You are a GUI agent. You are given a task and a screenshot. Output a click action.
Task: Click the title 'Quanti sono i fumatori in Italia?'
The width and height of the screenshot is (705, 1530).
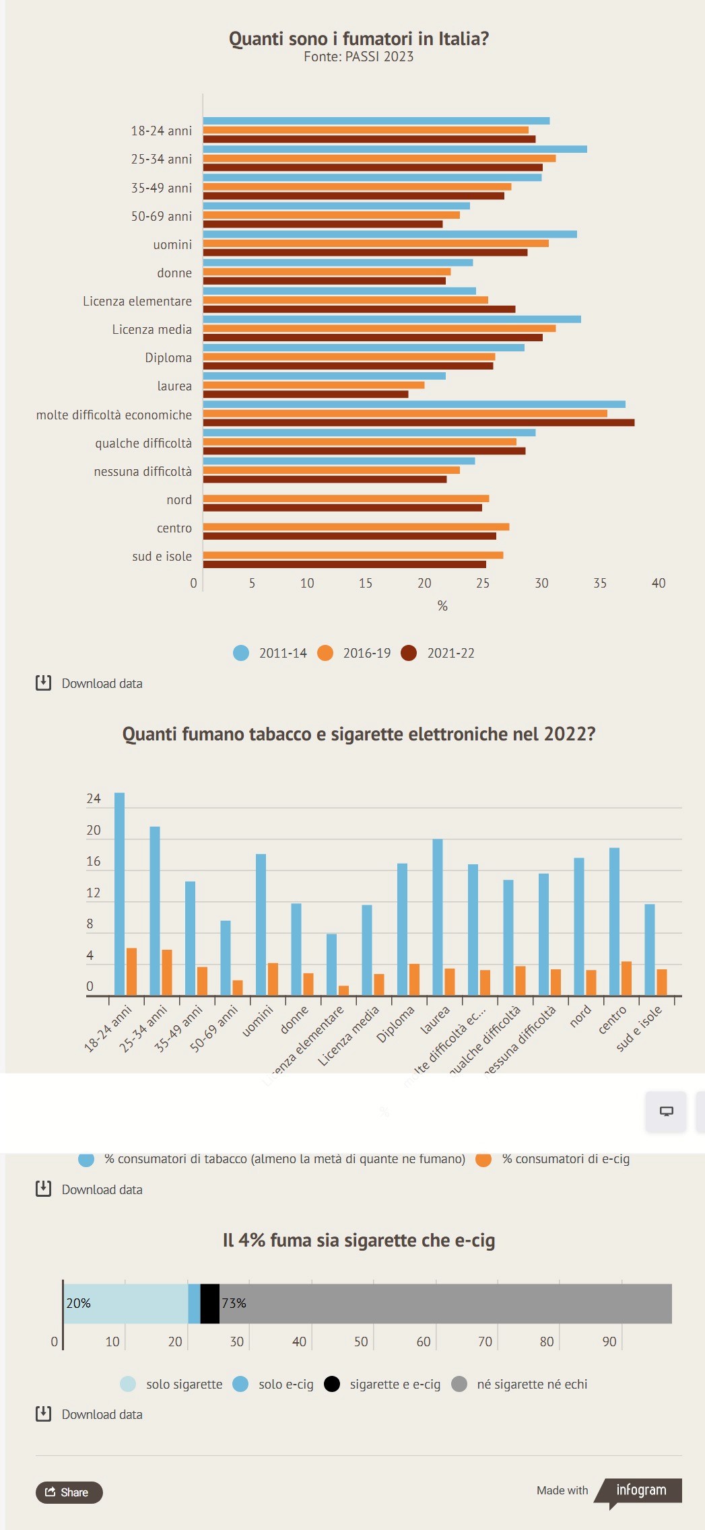point(358,39)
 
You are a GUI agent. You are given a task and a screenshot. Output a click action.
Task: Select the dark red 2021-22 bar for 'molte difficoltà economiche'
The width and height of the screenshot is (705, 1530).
point(418,423)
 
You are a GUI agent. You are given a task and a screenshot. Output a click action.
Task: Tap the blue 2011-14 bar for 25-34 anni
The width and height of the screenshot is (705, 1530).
point(395,149)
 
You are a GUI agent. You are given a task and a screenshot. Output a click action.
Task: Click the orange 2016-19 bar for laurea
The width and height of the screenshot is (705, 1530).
point(314,385)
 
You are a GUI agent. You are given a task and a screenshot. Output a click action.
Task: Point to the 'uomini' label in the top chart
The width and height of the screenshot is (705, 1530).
point(172,245)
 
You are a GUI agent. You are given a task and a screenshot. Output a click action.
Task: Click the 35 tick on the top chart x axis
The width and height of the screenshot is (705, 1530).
point(600,584)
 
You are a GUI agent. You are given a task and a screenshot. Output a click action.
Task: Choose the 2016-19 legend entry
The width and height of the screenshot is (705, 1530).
point(354,653)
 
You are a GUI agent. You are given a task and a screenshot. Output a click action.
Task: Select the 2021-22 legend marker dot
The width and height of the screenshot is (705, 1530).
point(409,653)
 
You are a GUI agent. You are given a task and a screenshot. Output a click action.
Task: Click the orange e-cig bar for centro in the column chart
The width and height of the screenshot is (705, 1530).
point(626,979)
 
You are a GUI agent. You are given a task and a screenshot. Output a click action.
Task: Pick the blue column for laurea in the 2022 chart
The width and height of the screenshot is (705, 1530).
point(438,917)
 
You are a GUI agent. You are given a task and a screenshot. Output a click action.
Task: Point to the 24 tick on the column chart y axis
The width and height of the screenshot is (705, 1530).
point(94,799)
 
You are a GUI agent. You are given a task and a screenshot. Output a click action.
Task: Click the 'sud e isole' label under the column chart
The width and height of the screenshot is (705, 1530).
point(639,1027)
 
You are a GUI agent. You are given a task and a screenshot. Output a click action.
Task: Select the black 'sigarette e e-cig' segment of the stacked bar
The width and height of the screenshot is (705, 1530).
point(210,1304)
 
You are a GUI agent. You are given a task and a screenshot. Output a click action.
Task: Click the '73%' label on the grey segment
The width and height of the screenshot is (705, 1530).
point(234,1304)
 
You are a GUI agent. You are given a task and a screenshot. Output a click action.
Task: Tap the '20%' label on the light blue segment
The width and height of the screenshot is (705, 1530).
point(79,1304)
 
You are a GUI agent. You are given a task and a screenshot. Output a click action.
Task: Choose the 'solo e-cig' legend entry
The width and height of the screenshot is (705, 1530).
point(273,1384)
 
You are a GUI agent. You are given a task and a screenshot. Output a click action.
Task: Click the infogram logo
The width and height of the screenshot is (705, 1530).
point(641,1490)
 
